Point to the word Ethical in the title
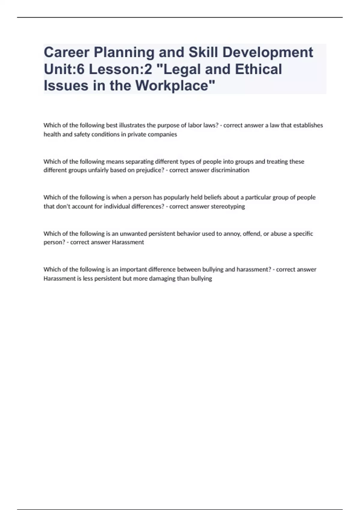pos(258,69)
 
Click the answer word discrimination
pos(230,170)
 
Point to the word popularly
pos(176,197)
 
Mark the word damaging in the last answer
pos(163,278)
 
